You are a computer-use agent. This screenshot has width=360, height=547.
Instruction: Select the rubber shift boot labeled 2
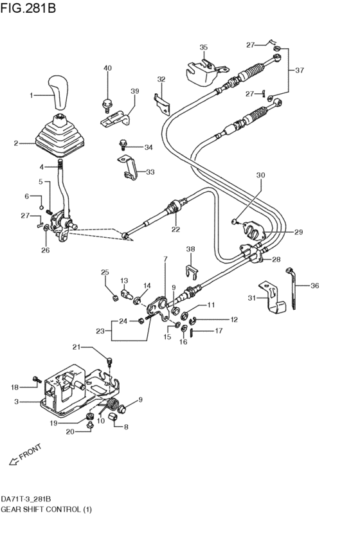click(60, 137)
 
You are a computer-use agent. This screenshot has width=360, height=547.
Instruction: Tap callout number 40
click(108, 68)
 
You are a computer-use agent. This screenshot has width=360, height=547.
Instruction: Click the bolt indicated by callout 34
click(123, 144)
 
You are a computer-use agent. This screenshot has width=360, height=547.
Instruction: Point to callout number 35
click(203, 48)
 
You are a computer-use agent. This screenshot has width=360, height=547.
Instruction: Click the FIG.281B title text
click(28, 8)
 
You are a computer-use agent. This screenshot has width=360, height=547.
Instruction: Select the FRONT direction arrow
click(14, 461)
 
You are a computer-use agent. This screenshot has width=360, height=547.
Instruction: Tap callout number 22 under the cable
click(175, 229)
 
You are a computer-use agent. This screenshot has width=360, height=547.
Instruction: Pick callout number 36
click(314, 285)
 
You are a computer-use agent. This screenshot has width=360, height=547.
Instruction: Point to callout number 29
click(298, 232)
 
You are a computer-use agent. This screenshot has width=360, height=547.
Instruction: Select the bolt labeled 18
click(36, 379)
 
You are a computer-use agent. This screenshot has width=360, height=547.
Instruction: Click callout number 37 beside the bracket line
click(300, 71)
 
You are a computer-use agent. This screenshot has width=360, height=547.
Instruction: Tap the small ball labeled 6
click(40, 208)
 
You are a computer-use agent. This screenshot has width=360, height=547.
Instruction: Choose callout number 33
click(150, 172)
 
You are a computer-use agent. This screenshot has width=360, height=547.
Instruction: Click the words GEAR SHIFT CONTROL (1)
click(46, 509)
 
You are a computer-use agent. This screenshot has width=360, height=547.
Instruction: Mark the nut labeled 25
click(114, 298)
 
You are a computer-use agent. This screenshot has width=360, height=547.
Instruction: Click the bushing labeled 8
click(113, 417)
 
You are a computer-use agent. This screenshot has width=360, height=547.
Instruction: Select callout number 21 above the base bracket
click(76, 346)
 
